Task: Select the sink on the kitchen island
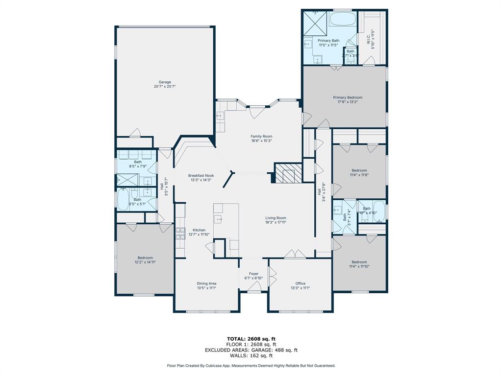tap(218, 219)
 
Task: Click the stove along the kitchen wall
tap(180, 233)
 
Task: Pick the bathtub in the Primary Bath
tap(342, 20)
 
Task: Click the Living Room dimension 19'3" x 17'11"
tap(276, 222)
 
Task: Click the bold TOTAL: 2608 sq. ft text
tap(251, 339)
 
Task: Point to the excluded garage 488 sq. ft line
tap(251, 350)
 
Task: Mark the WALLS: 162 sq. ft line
tap(251, 355)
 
